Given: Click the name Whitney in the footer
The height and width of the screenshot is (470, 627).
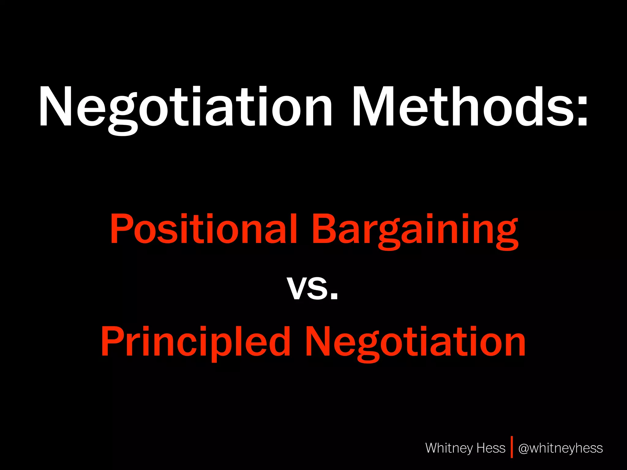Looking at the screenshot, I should point(449,448).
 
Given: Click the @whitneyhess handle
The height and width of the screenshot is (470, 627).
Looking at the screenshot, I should point(561,448).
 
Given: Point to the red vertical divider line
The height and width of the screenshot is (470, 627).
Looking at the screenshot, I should point(512,447).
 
